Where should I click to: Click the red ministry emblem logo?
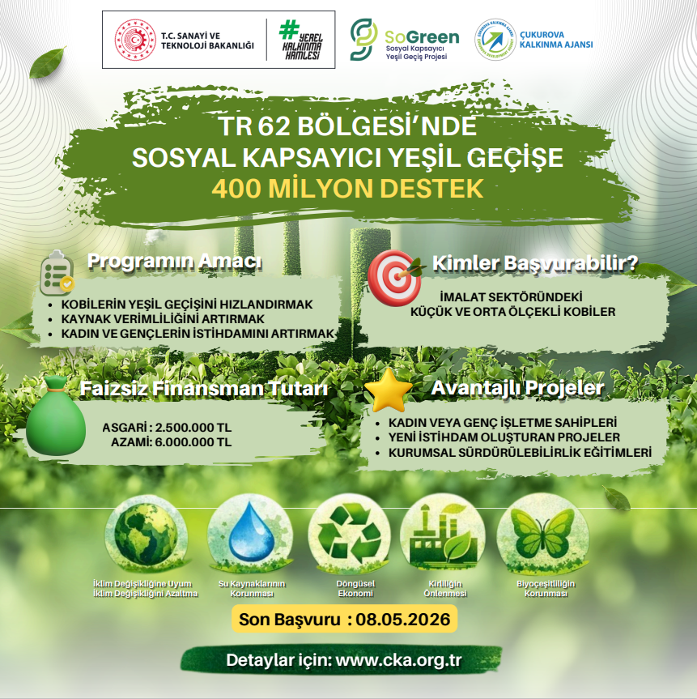pyautogui.click(x=135, y=40)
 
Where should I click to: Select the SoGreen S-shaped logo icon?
pyautogui.click(x=363, y=39)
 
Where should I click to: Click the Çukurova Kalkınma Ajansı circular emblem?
pyautogui.click(x=495, y=40)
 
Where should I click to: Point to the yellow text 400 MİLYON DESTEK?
pyautogui.click(x=347, y=189)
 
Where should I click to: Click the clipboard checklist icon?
pyautogui.click(x=57, y=273)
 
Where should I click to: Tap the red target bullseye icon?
pyautogui.click(x=395, y=277)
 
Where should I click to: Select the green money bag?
pyautogui.click(x=56, y=416)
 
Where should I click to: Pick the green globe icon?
pyautogui.click(x=145, y=535)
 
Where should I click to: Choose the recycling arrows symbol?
pyautogui.click(x=350, y=533)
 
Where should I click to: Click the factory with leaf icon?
pyautogui.click(x=444, y=534)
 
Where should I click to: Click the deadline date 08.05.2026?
pyautogui.click(x=403, y=619)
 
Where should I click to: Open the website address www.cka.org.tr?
pyautogui.click(x=399, y=660)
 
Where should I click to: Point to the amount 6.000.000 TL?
pyautogui.click(x=193, y=442)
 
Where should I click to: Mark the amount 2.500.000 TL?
pyautogui.click(x=193, y=428)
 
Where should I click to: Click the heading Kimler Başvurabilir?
pyautogui.click(x=535, y=263)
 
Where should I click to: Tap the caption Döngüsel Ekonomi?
pyautogui.click(x=355, y=589)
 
